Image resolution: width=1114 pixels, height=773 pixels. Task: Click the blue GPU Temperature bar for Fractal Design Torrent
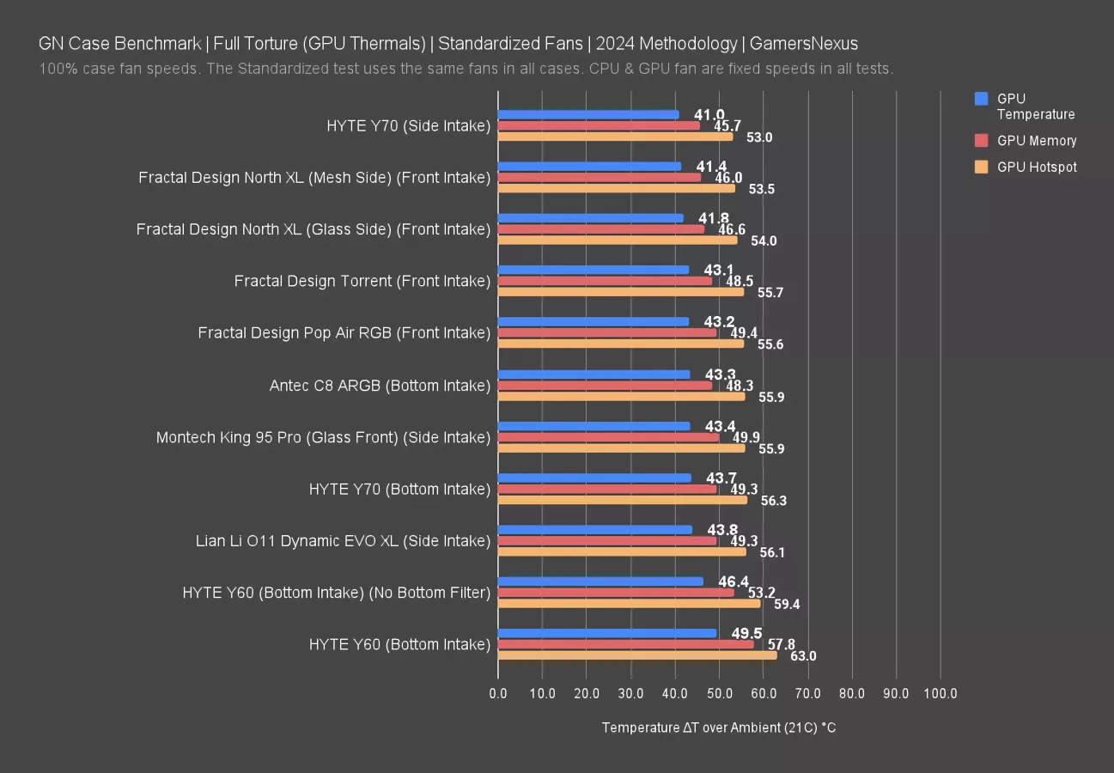click(593, 270)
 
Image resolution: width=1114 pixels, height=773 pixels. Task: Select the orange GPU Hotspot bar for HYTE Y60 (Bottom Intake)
click(636, 655)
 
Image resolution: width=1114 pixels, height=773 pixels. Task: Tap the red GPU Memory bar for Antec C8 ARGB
click(605, 386)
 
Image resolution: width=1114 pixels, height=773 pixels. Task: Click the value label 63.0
click(803, 656)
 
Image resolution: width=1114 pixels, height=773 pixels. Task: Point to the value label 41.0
click(709, 115)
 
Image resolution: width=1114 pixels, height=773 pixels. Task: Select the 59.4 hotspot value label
click(787, 605)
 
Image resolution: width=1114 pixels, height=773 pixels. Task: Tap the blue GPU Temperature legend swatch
click(982, 99)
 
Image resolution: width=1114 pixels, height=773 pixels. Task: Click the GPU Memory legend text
click(1036, 141)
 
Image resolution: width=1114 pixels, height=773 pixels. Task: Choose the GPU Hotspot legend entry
click(1036, 167)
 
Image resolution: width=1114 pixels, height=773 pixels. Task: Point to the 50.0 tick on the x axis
click(719, 694)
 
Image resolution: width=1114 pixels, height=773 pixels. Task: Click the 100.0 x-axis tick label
click(941, 694)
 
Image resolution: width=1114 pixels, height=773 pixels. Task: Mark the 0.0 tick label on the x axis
click(498, 694)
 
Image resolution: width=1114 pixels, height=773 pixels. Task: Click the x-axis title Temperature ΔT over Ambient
click(718, 727)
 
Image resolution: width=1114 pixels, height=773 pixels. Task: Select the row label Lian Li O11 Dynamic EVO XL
click(343, 541)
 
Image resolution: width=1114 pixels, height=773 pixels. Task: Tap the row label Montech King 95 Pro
click(323, 438)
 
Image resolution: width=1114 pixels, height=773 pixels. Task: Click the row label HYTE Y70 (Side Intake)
click(408, 126)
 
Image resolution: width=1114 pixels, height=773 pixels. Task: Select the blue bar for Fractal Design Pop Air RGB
click(593, 322)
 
